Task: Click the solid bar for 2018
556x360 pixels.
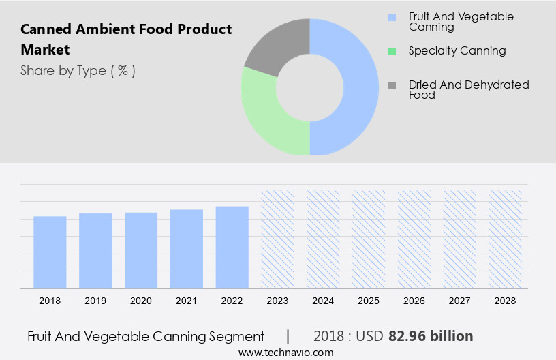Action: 50,252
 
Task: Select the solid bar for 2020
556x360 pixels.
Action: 141,250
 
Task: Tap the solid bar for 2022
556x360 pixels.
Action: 232,247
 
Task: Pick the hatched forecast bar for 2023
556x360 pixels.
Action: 278,239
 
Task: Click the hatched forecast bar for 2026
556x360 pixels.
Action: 414,239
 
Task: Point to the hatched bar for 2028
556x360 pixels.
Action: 506,239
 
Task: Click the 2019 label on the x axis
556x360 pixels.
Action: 95,301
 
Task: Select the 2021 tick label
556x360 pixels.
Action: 187,301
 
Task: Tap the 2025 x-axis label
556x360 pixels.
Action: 369,301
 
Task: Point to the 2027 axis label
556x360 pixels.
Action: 460,301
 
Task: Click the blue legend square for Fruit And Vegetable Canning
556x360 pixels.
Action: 392,17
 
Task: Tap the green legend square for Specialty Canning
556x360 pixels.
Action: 392,51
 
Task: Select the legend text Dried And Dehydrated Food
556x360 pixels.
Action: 469,90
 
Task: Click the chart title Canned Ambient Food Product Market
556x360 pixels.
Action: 126,40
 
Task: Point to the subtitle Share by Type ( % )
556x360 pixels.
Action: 78,71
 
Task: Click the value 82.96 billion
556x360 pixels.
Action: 431,336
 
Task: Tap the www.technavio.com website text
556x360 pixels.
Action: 285,352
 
